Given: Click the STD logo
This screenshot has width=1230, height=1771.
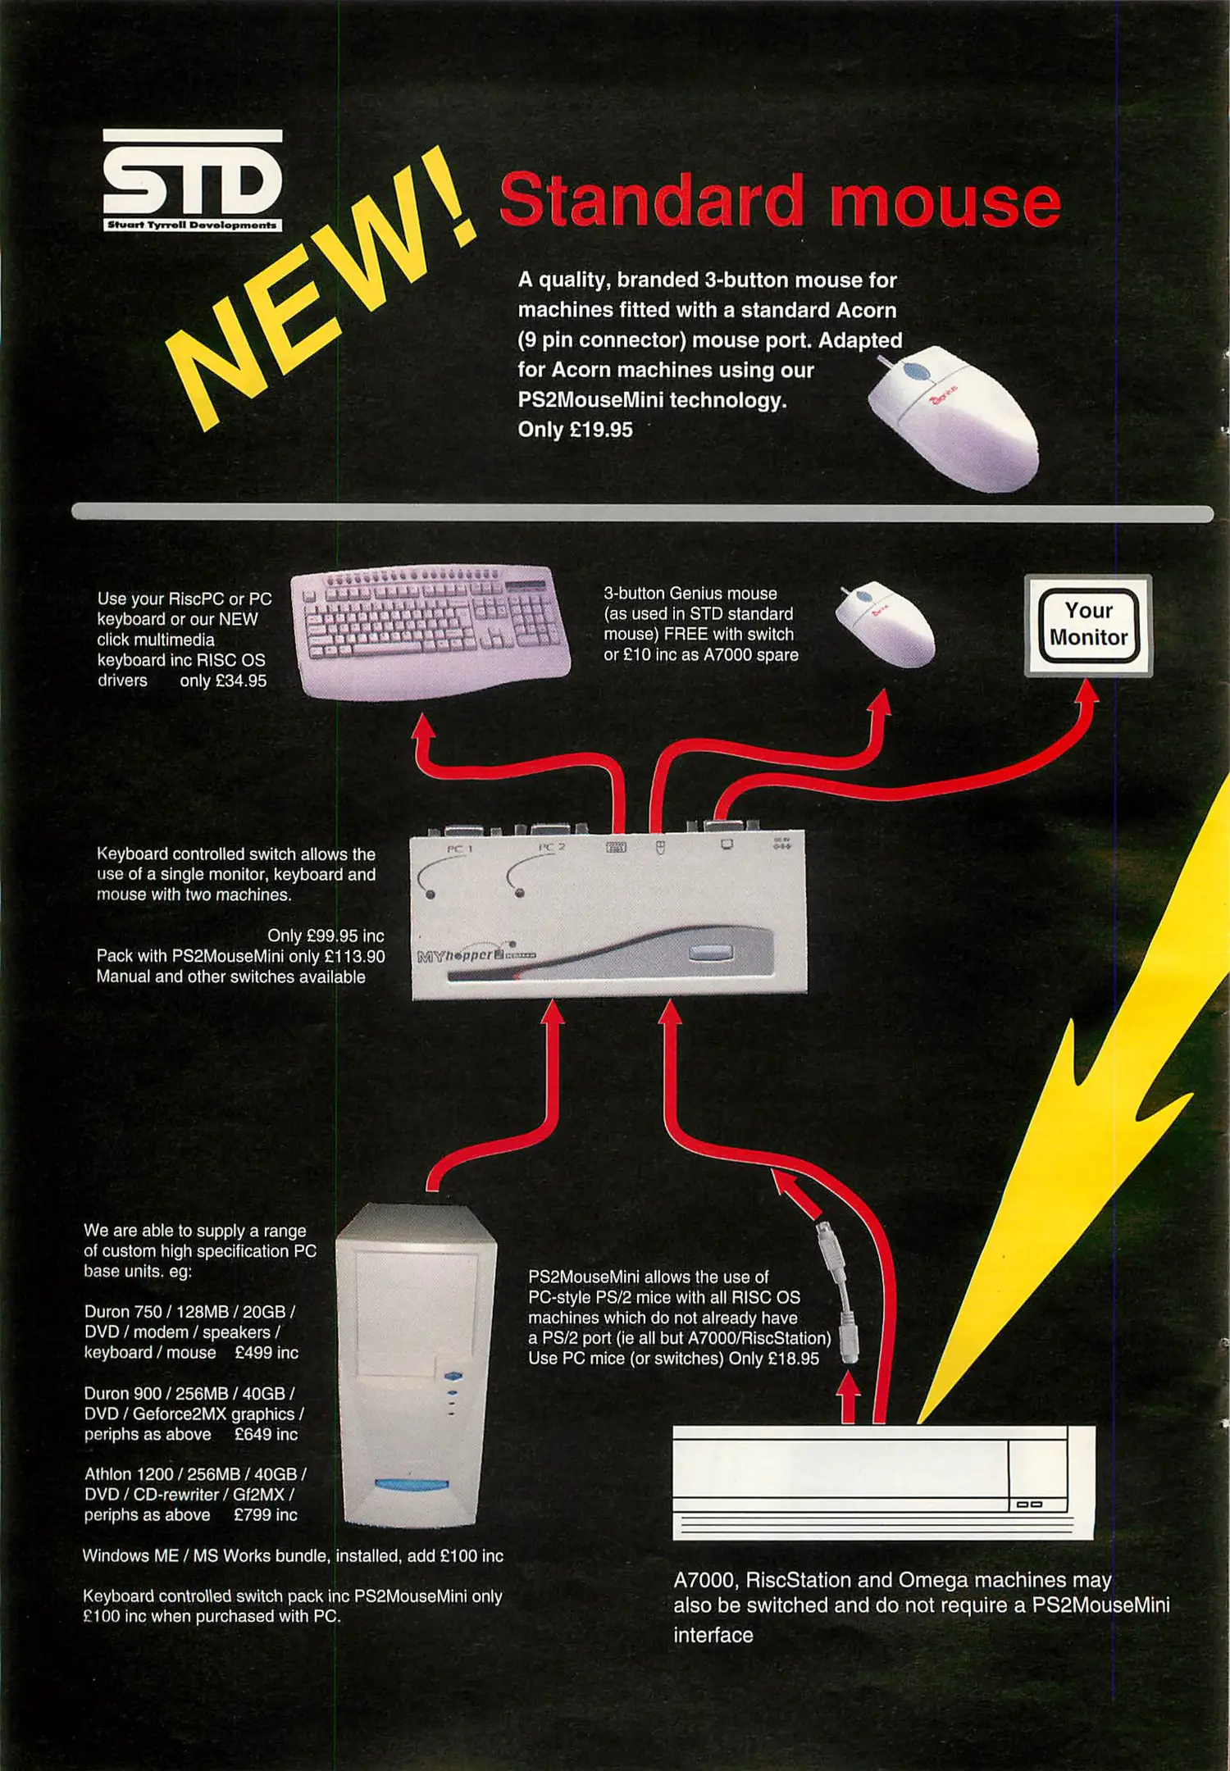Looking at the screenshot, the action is [x=193, y=180].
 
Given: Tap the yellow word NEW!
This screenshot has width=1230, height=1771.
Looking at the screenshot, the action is [x=320, y=291].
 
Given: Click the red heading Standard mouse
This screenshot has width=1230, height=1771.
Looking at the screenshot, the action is [x=780, y=201].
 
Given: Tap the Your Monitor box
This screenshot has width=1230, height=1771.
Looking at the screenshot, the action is [x=1088, y=625].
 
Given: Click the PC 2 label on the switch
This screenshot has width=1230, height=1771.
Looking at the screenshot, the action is [x=552, y=847].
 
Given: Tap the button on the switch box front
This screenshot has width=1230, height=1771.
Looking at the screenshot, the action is [x=710, y=953].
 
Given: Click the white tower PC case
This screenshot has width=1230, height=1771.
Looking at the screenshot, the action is [x=417, y=1365].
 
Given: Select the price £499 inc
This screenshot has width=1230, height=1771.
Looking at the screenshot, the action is [x=266, y=1353].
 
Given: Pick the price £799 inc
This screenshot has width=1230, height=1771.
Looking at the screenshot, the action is [x=266, y=1515].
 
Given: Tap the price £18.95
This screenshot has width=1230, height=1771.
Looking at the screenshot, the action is [x=792, y=1359].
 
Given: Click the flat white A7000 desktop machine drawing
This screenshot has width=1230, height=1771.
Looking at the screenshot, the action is [x=884, y=1482].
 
